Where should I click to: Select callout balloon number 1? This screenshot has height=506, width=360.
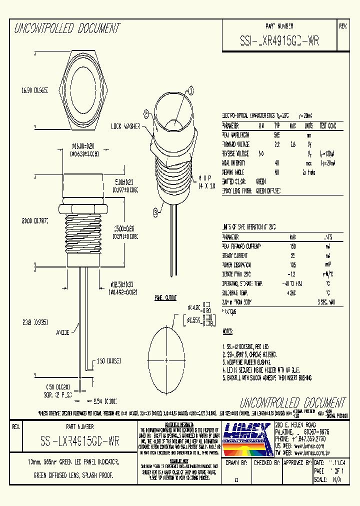[x=190, y=90]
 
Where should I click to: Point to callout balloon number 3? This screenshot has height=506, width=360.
[x=156, y=213]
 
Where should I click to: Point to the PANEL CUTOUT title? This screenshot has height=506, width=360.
[x=165, y=298]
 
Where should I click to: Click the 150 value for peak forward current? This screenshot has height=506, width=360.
[x=293, y=246]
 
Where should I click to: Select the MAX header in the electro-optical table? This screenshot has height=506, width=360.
[x=292, y=125]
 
